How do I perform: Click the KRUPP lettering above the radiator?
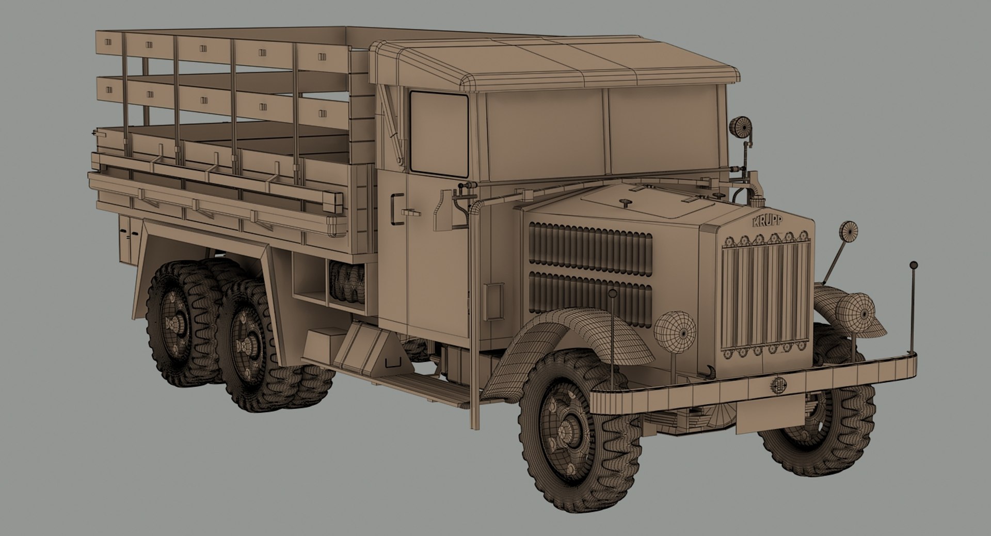pos(767,221)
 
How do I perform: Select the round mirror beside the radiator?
pos(848,231)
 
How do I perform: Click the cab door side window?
pos(439,133)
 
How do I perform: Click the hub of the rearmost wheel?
pos(172,323)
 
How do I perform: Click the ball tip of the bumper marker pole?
pos(913,265)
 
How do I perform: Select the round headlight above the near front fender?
pos(675,330)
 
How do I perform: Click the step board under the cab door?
pos(428,387)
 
